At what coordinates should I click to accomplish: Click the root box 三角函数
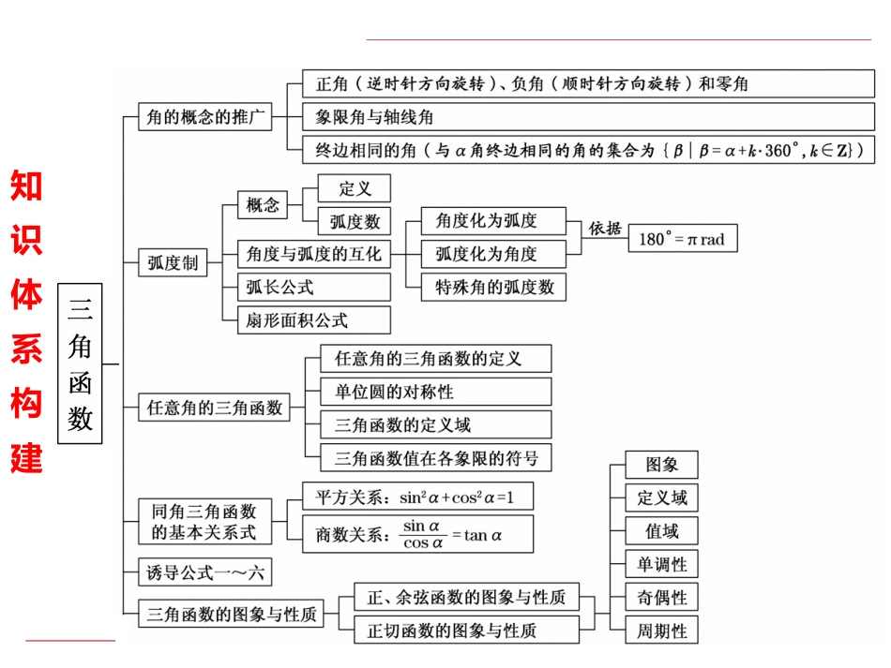81,362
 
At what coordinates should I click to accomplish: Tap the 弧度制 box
173,263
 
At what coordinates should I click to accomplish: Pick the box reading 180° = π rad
682,239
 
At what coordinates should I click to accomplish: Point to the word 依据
605,229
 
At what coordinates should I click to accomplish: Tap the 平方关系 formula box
416,497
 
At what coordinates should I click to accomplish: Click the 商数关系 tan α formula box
416,534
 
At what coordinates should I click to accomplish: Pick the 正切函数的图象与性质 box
466,630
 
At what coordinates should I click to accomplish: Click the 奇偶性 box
662,598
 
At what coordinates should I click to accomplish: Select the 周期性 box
662,631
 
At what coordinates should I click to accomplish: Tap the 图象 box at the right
662,465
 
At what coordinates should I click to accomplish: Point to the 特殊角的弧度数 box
493,287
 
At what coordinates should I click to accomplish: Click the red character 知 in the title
26,186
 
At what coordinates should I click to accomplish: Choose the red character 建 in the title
26,457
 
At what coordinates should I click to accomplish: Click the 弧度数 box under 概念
354,221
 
